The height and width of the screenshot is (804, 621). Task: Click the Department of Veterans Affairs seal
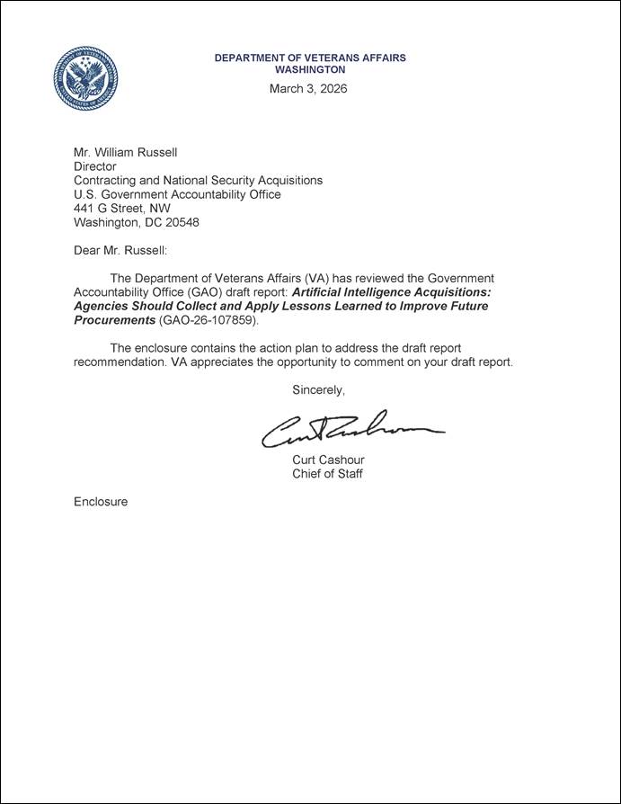click(85, 78)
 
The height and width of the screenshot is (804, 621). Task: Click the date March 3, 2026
click(308, 89)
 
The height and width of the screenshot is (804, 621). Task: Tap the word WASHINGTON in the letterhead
click(309, 69)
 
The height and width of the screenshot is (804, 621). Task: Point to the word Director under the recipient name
click(94, 166)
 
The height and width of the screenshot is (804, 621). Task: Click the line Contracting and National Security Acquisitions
click(198, 180)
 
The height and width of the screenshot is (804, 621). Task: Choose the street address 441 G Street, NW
click(121, 208)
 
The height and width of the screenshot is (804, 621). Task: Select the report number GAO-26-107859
click(208, 319)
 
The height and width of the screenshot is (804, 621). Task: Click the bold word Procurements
click(114, 319)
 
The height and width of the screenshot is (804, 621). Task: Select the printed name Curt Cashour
click(328, 460)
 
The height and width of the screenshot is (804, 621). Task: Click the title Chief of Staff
click(327, 474)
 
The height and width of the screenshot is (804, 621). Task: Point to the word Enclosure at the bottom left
click(101, 502)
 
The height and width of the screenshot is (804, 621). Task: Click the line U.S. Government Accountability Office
click(177, 194)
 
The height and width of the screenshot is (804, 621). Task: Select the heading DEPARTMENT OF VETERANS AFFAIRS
click(310, 58)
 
